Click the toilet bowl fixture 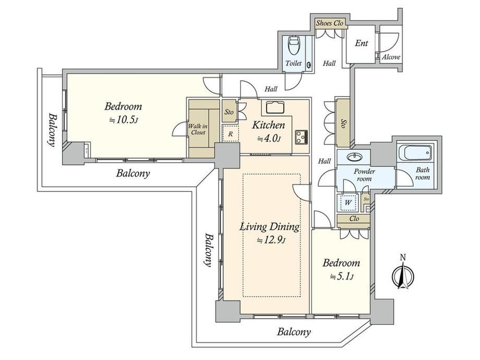pyautogui.click(x=294, y=45)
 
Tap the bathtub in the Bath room pyautogui.click(x=415, y=153)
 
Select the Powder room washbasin pyautogui.click(x=354, y=157)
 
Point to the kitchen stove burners pyautogui.click(x=301, y=137)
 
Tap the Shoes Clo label pyautogui.click(x=330, y=23)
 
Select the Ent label pyautogui.click(x=361, y=43)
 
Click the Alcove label pyautogui.click(x=391, y=57)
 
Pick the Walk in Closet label pyautogui.click(x=198, y=129)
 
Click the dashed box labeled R pyautogui.click(x=231, y=134)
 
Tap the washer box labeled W pyautogui.click(x=347, y=202)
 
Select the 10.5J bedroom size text pyautogui.click(x=124, y=120)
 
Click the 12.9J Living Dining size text pyautogui.click(x=271, y=241)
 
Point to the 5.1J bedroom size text pyautogui.click(x=342, y=277)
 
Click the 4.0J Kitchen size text pyautogui.click(x=269, y=139)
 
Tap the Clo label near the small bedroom pyautogui.click(x=354, y=219)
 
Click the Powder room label pyautogui.click(x=364, y=175)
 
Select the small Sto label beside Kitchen pyautogui.click(x=229, y=112)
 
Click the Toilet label pyautogui.click(x=293, y=63)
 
